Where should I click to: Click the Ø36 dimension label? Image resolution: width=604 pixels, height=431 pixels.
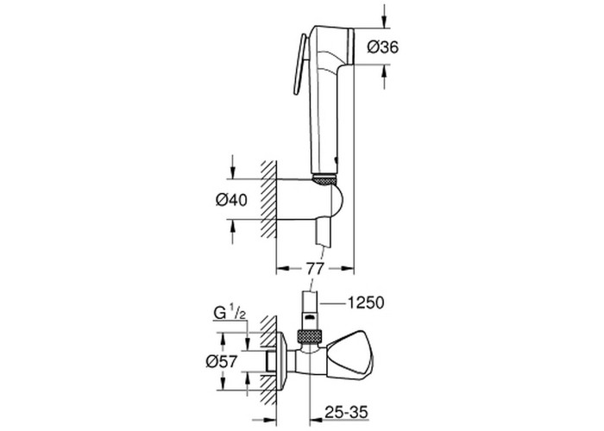click(x=383, y=47)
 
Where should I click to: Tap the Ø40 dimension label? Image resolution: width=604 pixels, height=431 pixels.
click(x=231, y=200)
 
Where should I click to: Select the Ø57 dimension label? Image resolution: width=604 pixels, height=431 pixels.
click(x=222, y=361)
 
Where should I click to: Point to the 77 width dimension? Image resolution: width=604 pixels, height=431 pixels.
click(x=315, y=268)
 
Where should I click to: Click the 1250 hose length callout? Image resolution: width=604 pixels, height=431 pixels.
click(x=366, y=303)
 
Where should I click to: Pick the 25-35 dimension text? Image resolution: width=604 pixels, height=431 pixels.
click(x=346, y=412)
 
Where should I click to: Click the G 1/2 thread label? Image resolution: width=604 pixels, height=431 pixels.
click(x=230, y=313)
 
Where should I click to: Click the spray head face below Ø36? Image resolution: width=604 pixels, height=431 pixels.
click(x=350, y=47)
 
